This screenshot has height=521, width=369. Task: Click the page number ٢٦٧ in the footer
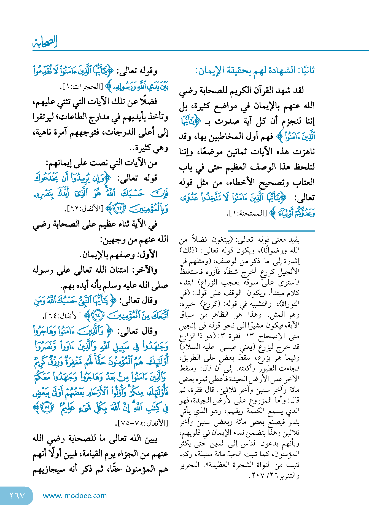17,496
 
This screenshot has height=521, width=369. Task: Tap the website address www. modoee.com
75,496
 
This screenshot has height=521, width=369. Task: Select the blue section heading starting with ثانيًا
255,71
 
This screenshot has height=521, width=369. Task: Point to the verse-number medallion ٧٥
47,407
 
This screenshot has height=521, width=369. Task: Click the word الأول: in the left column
149,255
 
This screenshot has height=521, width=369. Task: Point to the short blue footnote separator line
271,231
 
